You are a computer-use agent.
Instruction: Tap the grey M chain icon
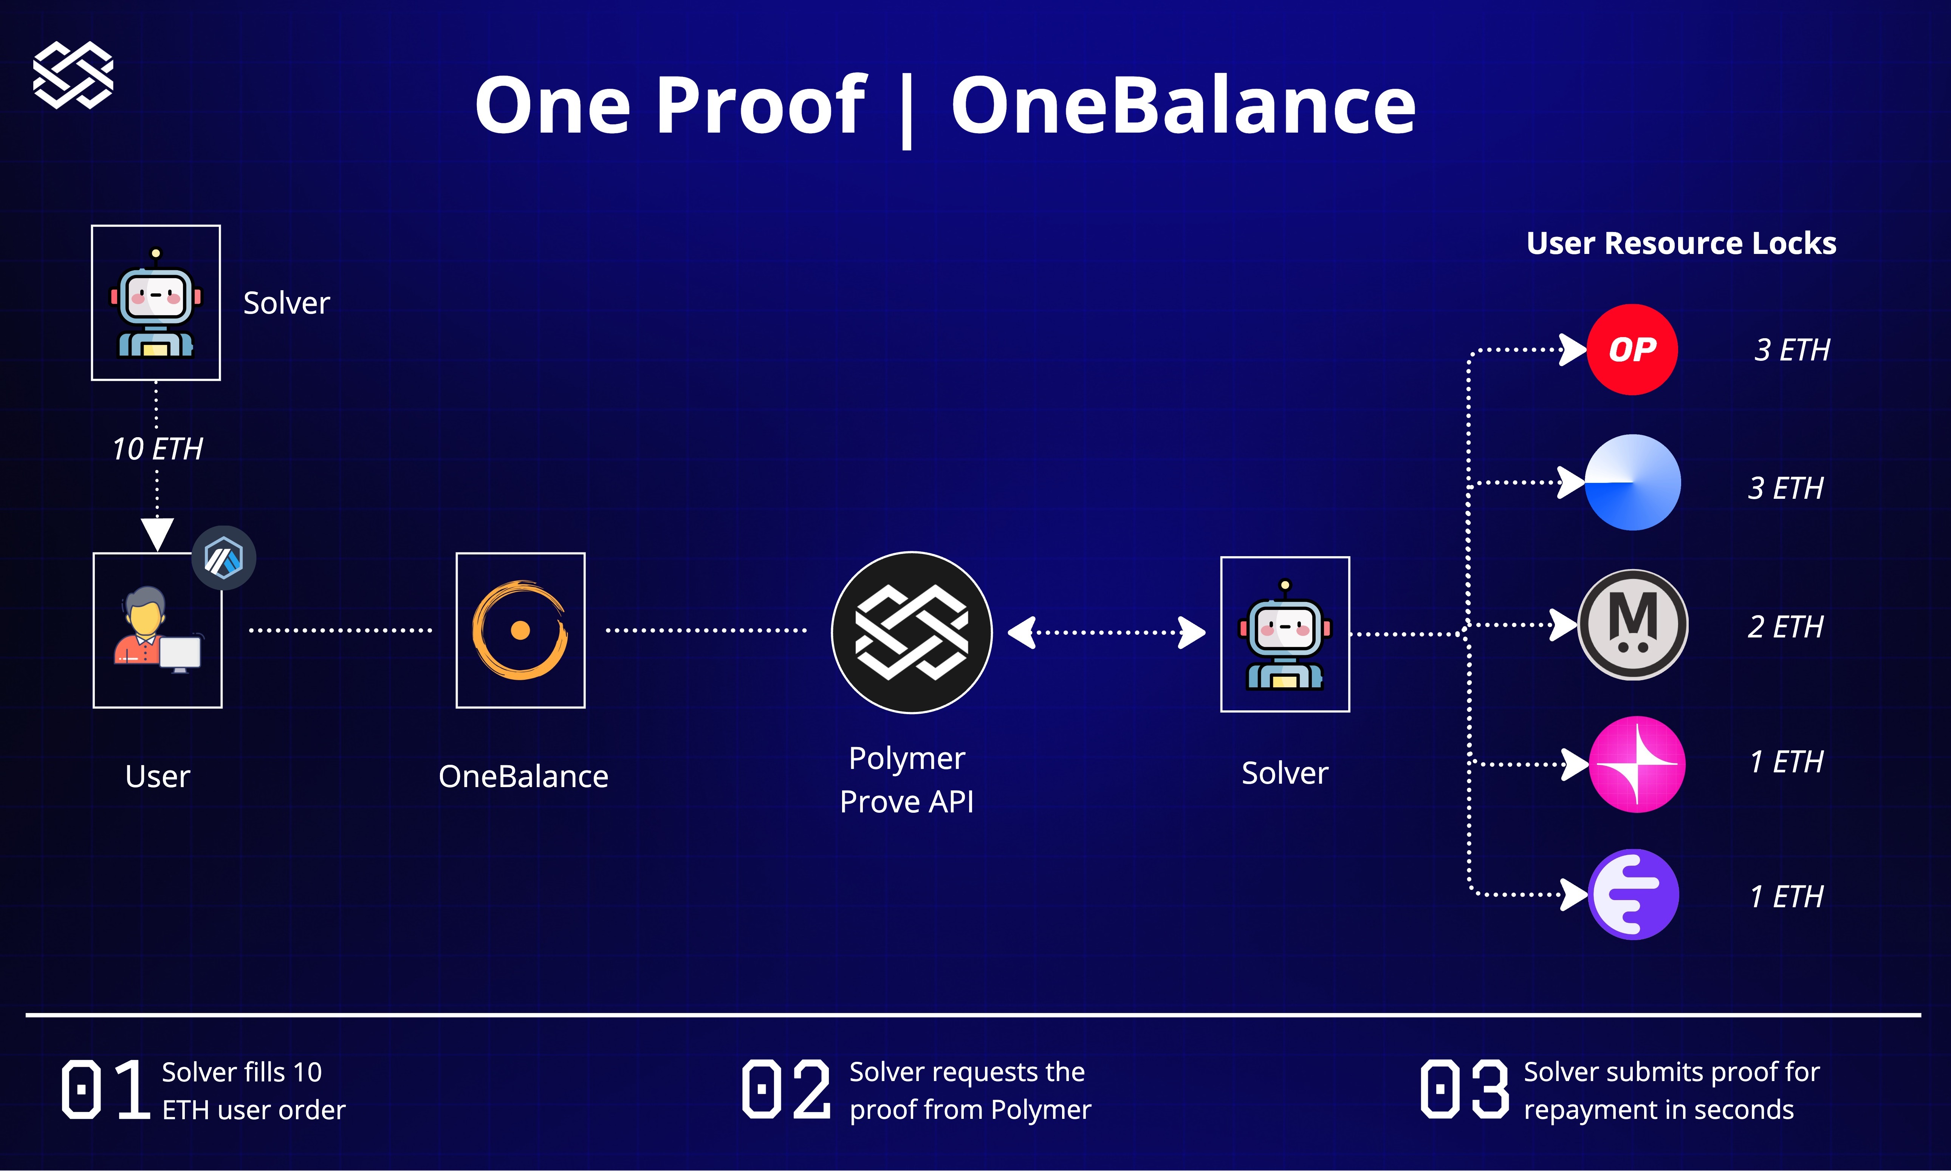tap(1632, 625)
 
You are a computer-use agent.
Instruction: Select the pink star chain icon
tap(1636, 764)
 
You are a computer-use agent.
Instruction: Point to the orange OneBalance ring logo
tap(520, 631)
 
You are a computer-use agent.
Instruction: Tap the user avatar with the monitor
tap(157, 630)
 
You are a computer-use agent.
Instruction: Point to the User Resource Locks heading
tap(1681, 243)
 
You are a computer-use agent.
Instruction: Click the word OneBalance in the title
tap(1182, 105)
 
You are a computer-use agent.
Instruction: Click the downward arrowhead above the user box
tap(157, 534)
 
